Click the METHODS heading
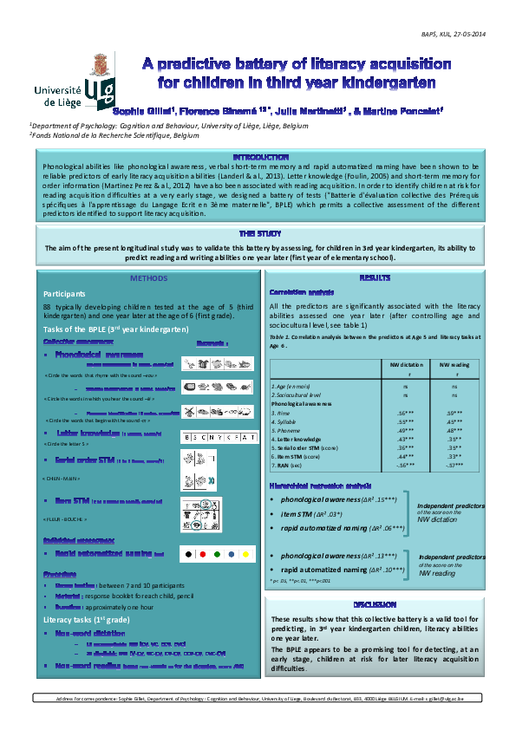tap(148, 278)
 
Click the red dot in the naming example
tap(202, 552)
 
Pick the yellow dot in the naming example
tap(245, 552)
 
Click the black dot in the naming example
tap(186, 552)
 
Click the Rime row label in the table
tap(280, 413)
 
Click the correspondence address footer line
tap(259, 698)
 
